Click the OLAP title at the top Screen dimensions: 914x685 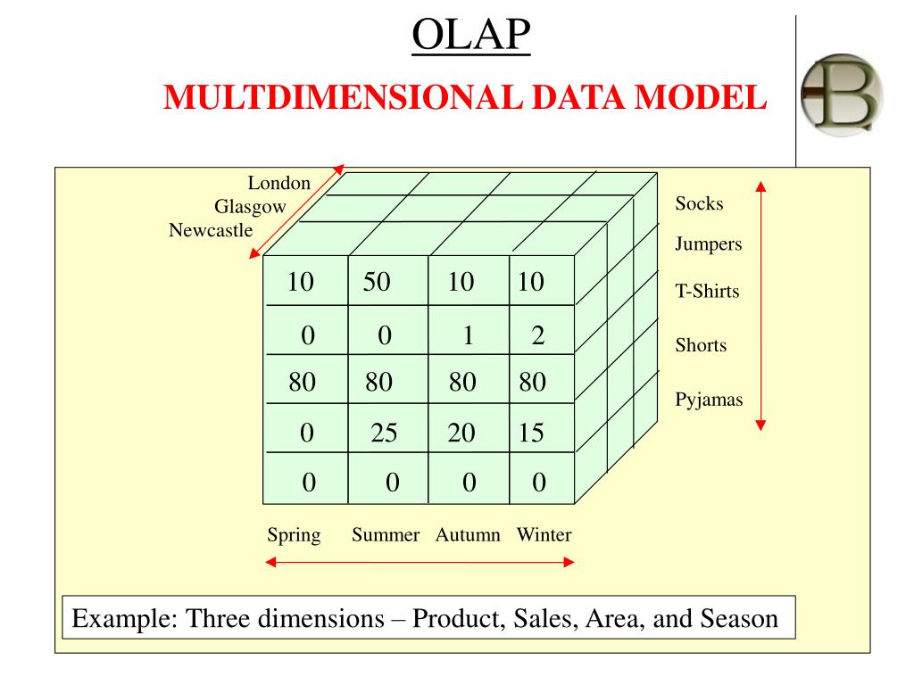click(471, 37)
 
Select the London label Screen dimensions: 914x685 click(279, 184)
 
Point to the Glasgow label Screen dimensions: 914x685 click(250, 207)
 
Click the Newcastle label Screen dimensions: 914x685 click(211, 231)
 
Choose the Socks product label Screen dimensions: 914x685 click(699, 203)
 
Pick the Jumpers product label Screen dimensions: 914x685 click(709, 244)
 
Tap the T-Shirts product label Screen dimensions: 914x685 click(707, 291)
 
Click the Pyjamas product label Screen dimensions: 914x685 click(709, 400)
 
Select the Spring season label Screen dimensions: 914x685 click(294, 535)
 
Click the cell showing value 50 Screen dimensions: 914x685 click(377, 283)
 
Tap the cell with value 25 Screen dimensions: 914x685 click(384, 433)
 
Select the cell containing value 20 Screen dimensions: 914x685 click(462, 433)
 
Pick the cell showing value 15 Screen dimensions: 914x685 click(530, 433)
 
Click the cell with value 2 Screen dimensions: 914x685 click(537, 336)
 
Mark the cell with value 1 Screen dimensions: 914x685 click(467, 336)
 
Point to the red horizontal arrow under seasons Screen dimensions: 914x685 click(420, 563)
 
